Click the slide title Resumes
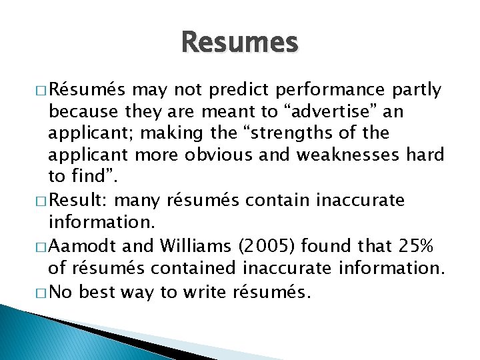239,43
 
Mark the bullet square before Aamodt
42,247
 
